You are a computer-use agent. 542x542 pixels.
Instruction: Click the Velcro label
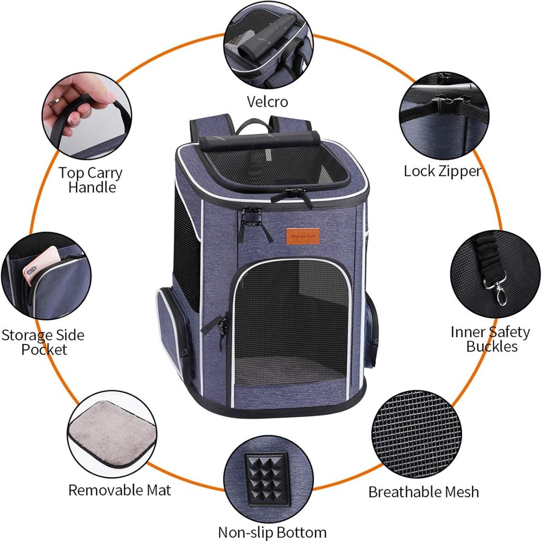point(267,102)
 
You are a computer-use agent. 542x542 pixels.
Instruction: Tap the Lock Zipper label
point(442,171)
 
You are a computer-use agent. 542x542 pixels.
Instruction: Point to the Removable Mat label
point(120,490)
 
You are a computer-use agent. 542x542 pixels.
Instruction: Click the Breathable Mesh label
point(424,492)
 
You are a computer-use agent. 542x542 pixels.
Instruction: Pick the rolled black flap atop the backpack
point(259,141)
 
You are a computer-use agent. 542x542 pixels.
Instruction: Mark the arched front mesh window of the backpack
point(292,322)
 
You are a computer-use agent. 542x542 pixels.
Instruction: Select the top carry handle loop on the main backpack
point(254,126)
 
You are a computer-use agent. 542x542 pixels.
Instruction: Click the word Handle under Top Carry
point(92,187)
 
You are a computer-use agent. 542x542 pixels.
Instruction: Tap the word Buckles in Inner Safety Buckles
point(492,346)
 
